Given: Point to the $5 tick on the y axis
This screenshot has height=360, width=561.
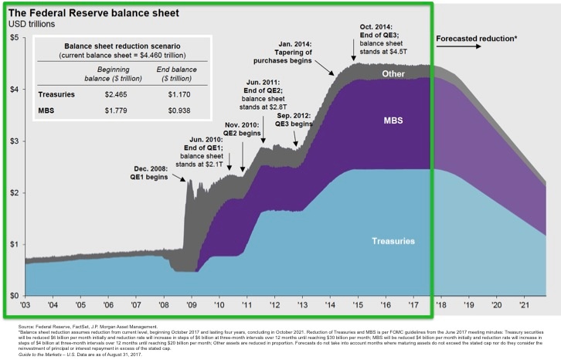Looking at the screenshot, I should tap(13, 38).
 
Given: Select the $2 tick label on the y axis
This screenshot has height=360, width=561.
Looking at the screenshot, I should tap(13, 192).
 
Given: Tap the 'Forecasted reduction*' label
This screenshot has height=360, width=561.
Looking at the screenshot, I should tap(477, 38).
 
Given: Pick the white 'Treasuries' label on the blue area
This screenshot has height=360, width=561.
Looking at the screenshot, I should tap(392, 241).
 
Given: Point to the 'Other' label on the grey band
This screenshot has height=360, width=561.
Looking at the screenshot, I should tap(393, 73).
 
